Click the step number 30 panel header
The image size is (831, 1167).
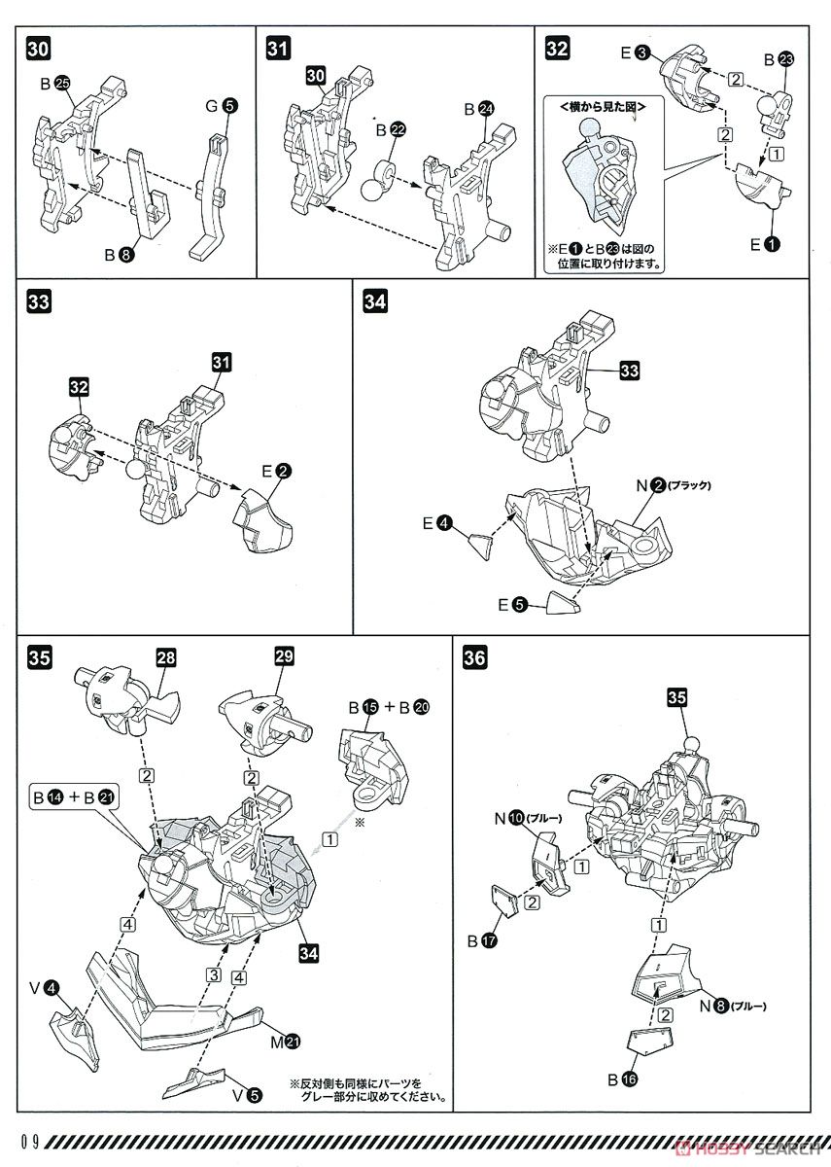[34, 47]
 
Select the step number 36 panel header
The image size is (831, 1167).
[475, 658]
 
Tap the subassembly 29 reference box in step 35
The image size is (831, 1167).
[284, 657]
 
